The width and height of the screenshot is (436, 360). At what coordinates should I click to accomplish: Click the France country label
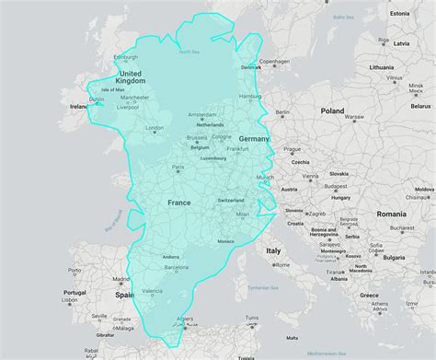[x=178, y=202]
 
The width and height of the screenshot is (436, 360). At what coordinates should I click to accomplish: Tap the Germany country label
[x=254, y=139]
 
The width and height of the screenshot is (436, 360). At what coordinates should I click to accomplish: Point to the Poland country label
[x=331, y=110]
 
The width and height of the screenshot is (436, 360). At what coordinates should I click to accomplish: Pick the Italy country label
[x=273, y=250]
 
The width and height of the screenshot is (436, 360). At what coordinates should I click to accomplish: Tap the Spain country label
[x=124, y=295]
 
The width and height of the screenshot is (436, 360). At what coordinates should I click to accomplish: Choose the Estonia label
[x=399, y=14]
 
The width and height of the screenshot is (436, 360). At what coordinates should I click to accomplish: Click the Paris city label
[x=178, y=168]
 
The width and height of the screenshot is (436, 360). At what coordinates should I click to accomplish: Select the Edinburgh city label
[x=126, y=58]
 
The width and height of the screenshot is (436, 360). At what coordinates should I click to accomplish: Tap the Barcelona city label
[x=178, y=268]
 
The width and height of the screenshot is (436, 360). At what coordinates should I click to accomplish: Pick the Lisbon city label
[x=69, y=299]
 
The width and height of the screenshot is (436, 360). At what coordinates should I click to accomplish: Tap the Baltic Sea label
[x=344, y=17]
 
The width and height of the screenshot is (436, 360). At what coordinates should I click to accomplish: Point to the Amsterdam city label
[x=202, y=115]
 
